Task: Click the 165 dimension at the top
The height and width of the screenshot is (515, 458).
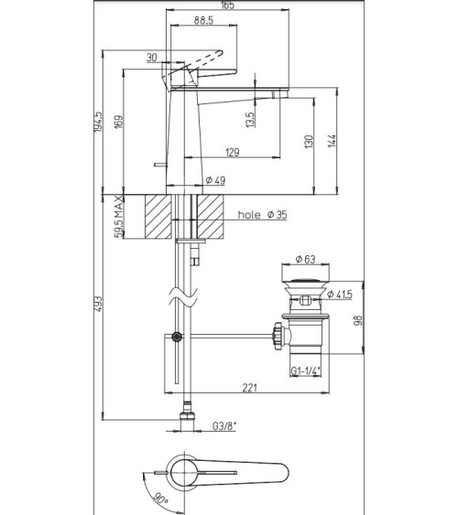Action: (227, 5)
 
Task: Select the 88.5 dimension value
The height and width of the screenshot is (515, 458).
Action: (203, 20)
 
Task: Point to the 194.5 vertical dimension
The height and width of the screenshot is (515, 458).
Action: (99, 122)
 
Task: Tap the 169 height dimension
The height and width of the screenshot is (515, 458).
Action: (118, 122)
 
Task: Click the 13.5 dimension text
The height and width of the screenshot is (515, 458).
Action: (250, 120)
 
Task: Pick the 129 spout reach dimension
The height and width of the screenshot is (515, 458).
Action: (233, 153)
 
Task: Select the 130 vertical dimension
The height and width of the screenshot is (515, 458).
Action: (309, 142)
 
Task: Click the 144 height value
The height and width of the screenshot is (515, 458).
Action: (333, 141)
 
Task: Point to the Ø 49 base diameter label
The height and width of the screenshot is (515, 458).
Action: (215, 180)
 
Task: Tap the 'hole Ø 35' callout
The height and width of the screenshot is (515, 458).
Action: (262, 215)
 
